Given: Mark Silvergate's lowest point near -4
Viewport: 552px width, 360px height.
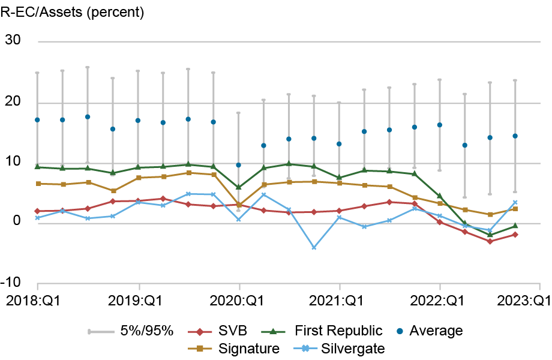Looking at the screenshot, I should point(314,247).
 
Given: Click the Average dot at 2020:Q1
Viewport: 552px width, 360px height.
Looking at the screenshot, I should point(239,165).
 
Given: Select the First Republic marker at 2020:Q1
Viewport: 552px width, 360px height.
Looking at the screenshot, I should point(239,187).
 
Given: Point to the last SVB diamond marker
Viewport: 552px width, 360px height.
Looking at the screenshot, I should point(515,235).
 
